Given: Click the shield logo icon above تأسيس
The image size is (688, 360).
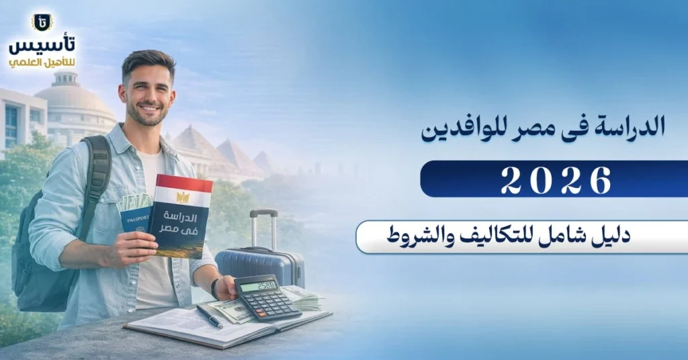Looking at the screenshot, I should point(42,22).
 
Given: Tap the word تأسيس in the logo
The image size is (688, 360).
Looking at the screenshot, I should point(42,45).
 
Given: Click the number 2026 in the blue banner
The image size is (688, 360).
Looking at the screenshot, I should point(556,179).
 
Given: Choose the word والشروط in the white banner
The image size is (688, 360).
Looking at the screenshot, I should point(417,236).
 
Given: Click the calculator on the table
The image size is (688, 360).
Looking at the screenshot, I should point(267,296).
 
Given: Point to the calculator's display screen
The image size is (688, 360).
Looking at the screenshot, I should point(259,285).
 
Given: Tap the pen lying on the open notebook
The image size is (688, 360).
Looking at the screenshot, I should point(210,317).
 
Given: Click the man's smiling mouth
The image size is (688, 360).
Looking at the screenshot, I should point(149,109).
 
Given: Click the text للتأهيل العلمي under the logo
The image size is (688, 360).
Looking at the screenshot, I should point(42,62).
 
